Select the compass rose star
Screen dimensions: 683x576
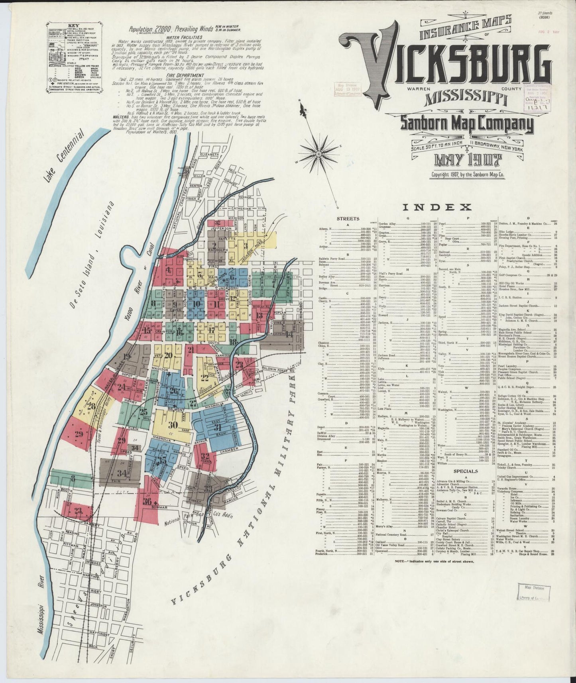(319, 153)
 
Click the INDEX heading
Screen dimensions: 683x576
(437, 207)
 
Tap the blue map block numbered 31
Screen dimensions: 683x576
(218, 428)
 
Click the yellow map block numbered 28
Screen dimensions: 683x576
(92, 406)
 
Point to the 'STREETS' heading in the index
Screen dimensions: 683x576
(348, 218)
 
